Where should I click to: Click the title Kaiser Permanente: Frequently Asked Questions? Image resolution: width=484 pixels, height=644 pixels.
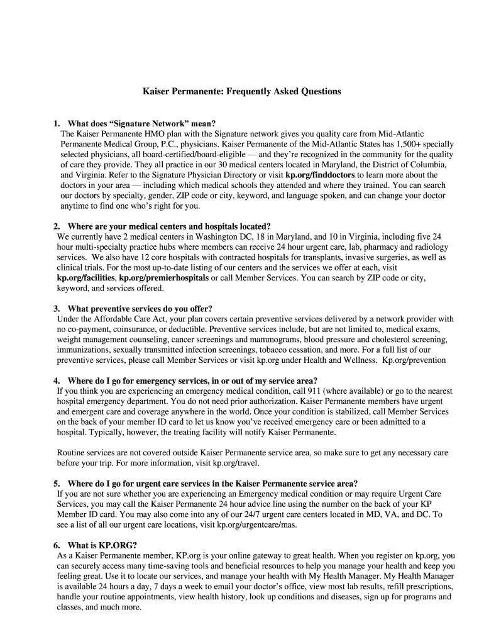pos(241,92)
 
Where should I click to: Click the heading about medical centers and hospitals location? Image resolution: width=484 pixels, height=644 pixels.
pos(169,226)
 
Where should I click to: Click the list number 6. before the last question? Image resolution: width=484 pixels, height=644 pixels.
pos(57,545)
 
